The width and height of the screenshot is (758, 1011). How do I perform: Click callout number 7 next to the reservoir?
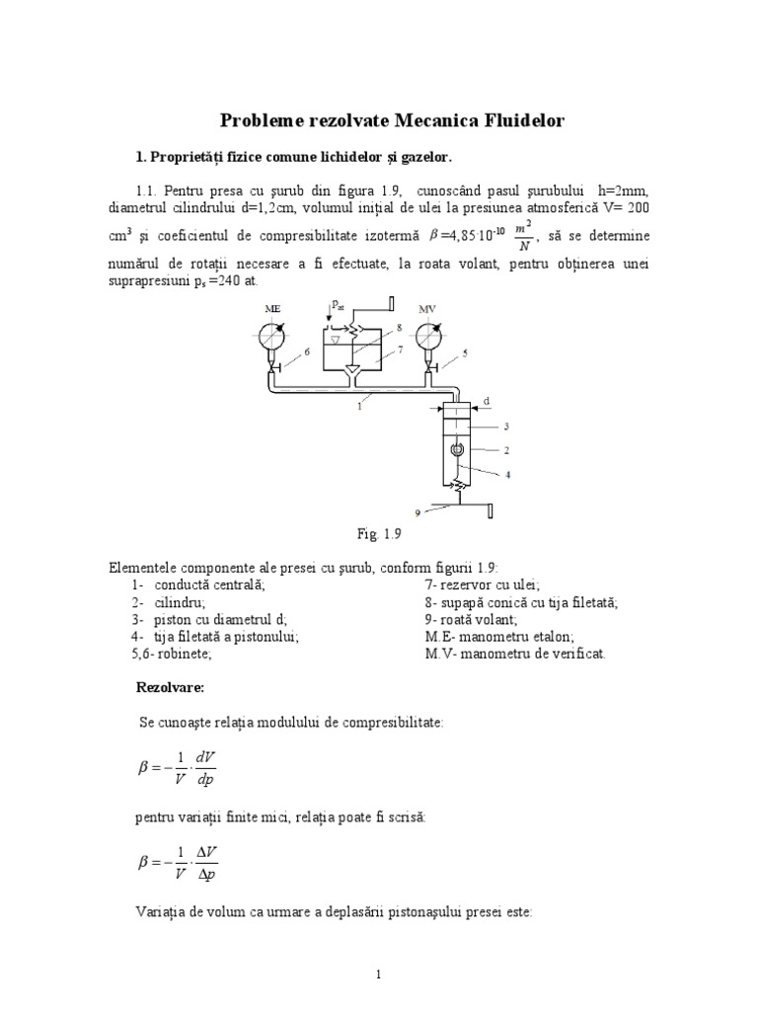tap(401, 349)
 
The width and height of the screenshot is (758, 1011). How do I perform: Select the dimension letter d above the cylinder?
tap(487, 401)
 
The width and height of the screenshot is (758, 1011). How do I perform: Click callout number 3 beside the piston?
tap(505, 427)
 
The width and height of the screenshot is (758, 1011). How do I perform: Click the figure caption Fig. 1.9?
tap(380, 534)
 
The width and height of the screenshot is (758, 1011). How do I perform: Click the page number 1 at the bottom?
tap(379, 974)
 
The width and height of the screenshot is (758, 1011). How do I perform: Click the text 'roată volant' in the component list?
tap(467, 619)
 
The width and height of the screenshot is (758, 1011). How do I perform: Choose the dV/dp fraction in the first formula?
tap(205, 768)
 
